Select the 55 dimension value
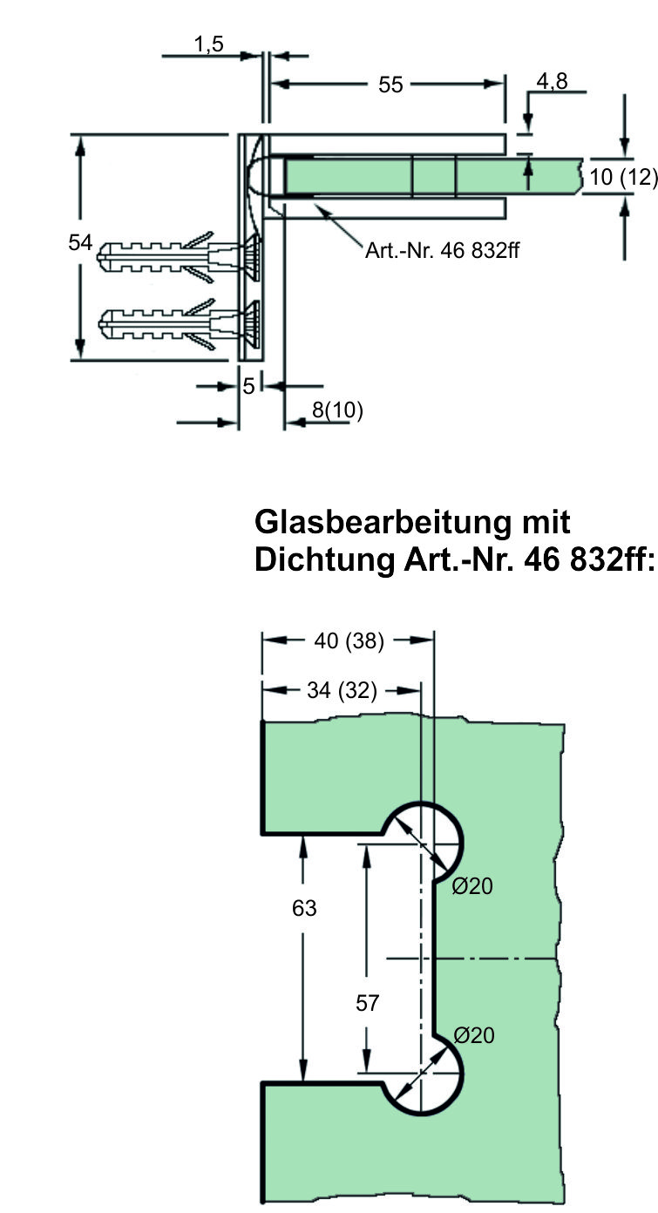[x=391, y=85]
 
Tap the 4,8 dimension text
[x=552, y=82]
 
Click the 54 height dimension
[x=80, y=243]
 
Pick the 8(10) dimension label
[x=337, y=410]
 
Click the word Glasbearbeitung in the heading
[x=393, y=522]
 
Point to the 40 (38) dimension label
[x=349, y=641]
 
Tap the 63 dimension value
[x=304, y=909]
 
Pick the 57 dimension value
[x=368, y=1004]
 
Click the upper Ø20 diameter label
[x=473, y=887]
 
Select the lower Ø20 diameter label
[x=474, y=1035]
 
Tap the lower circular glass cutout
[x=422, y=1072]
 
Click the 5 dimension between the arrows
[x=249, y=385]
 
